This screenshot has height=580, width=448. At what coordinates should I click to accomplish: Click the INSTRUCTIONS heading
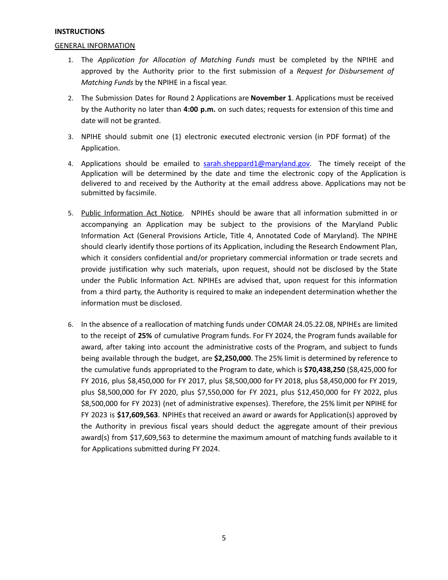tap(79, 32)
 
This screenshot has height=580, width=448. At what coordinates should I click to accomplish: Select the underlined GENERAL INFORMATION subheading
tap(95, 46)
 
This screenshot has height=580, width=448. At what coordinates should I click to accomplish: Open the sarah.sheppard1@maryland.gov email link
tap(256, 164)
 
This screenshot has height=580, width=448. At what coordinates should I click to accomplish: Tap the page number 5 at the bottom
tap(224, 538)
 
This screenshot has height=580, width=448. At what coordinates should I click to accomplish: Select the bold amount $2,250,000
tap(232, 358)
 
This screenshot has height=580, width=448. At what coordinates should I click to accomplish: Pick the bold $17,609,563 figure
tap(138, 415)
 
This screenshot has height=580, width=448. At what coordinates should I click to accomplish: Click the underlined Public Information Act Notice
tap(132, 213)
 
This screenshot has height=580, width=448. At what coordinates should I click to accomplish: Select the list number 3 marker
tap(70, 137)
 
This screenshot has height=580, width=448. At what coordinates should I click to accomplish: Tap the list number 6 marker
tap(70, 325)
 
